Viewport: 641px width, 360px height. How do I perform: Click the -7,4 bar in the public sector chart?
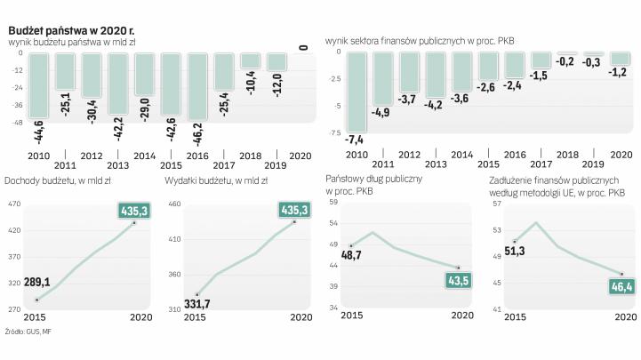coord(356,92)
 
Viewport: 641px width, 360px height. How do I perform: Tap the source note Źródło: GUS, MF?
coord(28,332)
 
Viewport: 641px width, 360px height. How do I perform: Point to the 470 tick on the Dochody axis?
coord(13,205)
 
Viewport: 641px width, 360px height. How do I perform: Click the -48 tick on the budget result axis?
coord(15,123)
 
